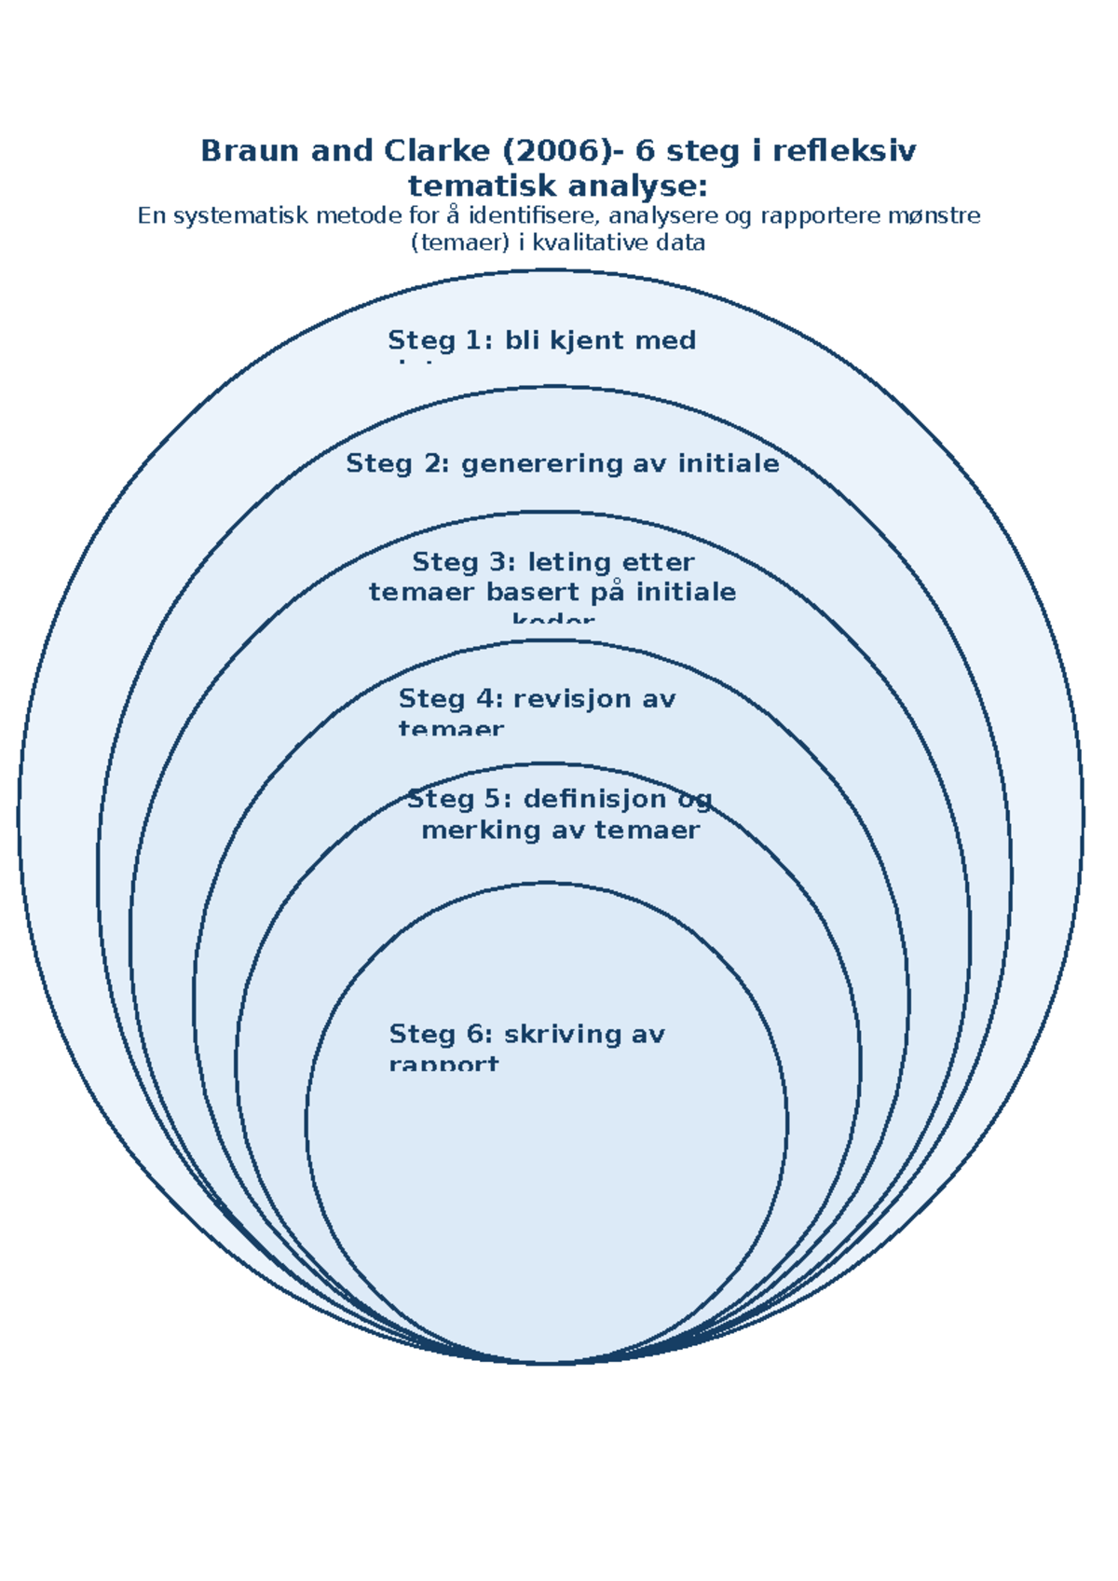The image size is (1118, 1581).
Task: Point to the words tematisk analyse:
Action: click(x=558, y=186)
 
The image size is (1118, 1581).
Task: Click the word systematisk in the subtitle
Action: click(x=242, y=216)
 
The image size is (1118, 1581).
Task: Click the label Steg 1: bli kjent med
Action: click(x=541, y=340)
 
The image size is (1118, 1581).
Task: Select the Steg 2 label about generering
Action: click(x=562, y=463)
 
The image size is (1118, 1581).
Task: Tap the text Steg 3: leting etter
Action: click(x=552, y=562)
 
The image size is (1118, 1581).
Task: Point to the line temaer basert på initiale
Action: click(x=552, y=592)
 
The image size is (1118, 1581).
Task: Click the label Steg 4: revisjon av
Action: click(x=537, y=699)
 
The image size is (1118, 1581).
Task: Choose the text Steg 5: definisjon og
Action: click(x=559, y=799)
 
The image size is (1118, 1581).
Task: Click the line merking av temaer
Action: click(x=560, y=830)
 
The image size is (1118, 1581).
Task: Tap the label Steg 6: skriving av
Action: click(x=526, y=1034)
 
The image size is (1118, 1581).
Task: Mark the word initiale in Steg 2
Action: click(x=728, y=463)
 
